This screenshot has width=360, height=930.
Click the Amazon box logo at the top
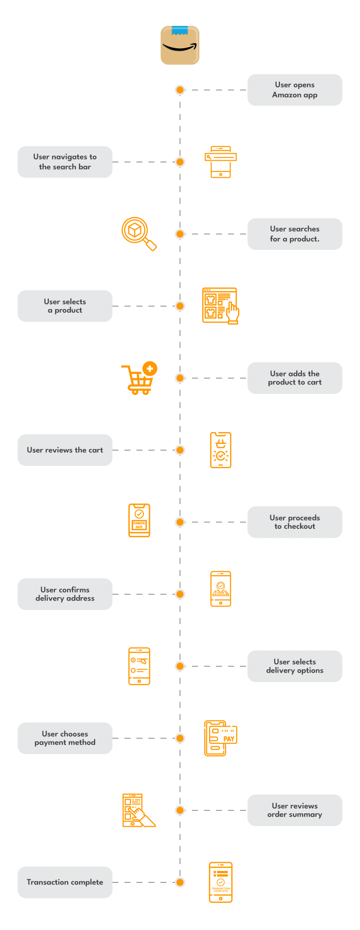pyautogui.click(x=180, y=45)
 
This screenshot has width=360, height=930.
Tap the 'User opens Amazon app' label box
pyautogui.click(x=294, y=90)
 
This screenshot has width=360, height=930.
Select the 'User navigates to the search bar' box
pyautogui.click(x=65, y=162)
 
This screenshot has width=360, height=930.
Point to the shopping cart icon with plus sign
pyautogui.click(x=139, y=378)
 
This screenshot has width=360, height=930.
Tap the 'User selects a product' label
pyautogui.click(x=65, y=306)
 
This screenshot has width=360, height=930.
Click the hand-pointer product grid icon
pyautogui.click(x=220, y=306)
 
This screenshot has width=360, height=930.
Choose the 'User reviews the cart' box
pyautogui.click(x=65, y=450)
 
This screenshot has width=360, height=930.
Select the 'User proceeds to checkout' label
pyautogui.click(x=294, y=522)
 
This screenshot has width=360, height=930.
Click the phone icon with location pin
pyautogui.click(x=221, y=589)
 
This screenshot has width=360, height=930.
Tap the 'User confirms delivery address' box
pyautogui.click(x=65, y=594)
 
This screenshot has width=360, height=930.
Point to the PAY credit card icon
pyautogui.click(x=221, y=738)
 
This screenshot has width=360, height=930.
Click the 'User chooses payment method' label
pyautogui.click(x=65, y=738)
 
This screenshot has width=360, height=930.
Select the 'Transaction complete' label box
pyautogui.click(x=65, y=882)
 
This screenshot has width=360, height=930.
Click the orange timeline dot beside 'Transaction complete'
pyautogui.click(x=180, y=882)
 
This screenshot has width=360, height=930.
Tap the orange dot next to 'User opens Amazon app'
pyautogui.click(x=180, y=90)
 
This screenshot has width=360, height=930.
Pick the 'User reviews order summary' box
pyautogui.click(x=294, y=810)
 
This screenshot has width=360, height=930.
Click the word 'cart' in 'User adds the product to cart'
pyautogui.click(x=314, y=382)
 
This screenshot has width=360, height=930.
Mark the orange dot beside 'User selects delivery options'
pyautogui.click(x=180, y=666)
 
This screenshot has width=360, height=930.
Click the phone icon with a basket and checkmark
pyautogui.click(x=221, y=450)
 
